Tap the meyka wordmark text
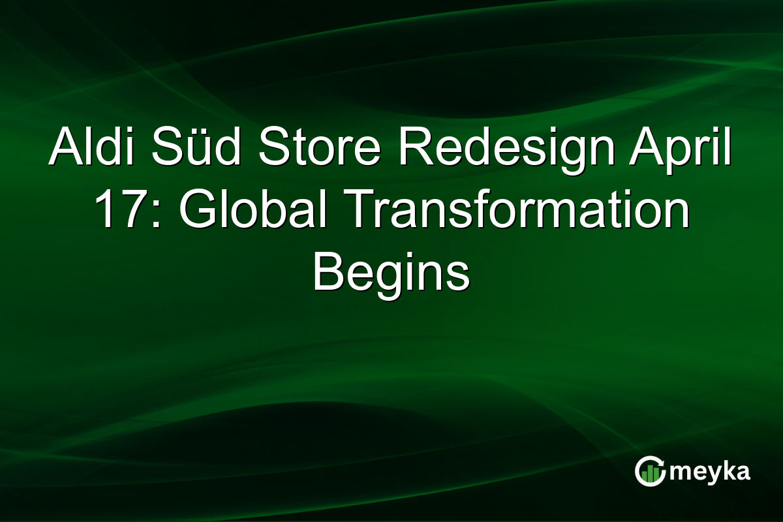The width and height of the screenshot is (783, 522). tap(712, 471)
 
